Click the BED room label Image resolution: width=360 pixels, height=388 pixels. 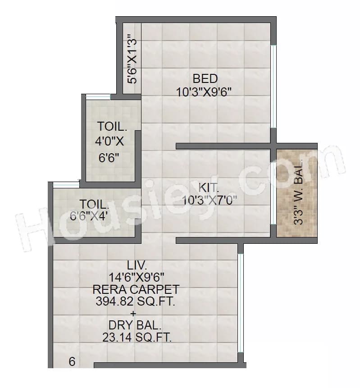pos(205,78)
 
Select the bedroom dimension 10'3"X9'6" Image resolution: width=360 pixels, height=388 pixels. pos(204,92)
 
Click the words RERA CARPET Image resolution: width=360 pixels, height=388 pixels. pos(136,289)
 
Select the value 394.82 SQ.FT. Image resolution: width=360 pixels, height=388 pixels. pos(135,301)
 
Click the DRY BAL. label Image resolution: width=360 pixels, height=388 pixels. pos(135,325)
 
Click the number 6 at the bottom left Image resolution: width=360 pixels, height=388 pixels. pos(72,361)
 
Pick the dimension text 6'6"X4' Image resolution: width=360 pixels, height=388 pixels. pos(89,215)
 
